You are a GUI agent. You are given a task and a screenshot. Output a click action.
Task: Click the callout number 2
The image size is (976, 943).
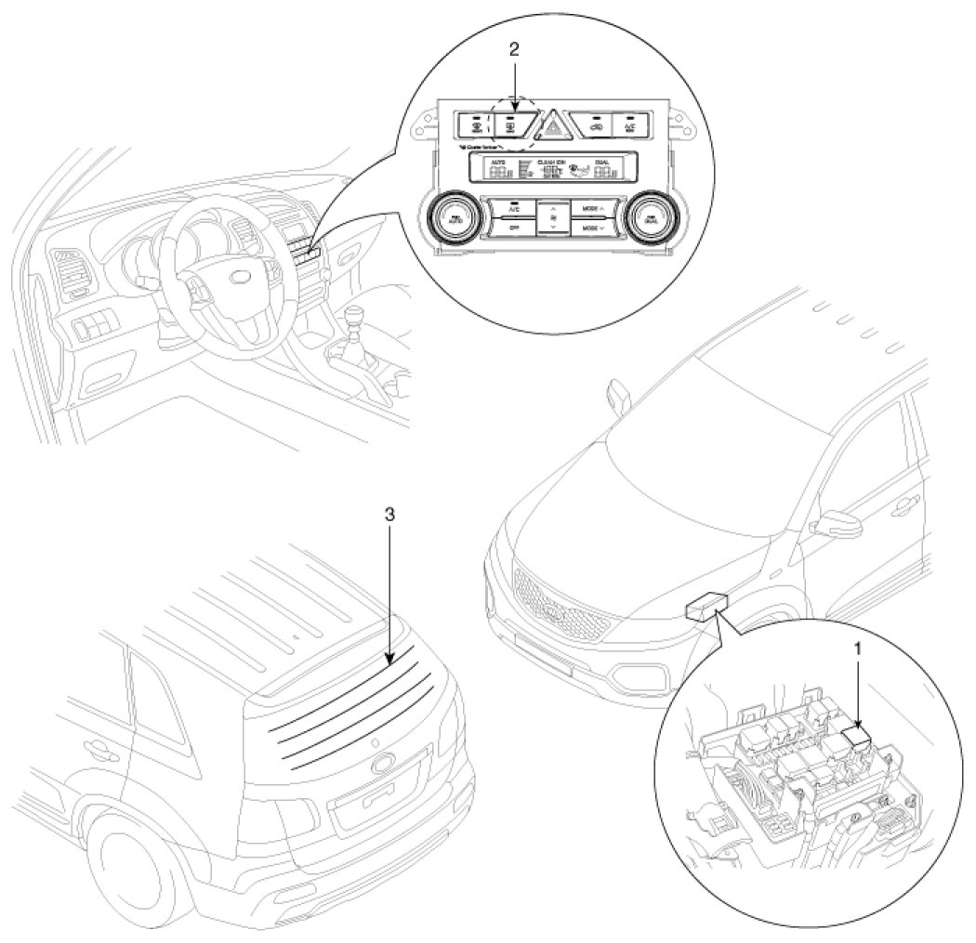(x=515, y=48)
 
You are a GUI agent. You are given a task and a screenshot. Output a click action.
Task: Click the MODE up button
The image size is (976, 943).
(x=590, y=209)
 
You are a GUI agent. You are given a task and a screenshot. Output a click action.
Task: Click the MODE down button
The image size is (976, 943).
(x=590, y=225)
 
